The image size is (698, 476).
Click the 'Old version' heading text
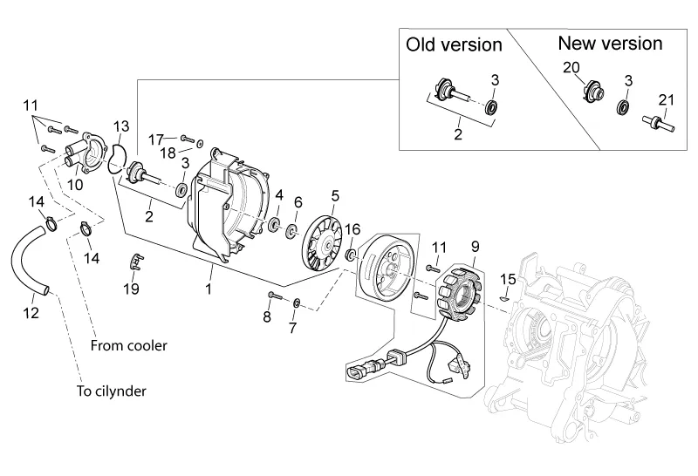(x=454, y=44)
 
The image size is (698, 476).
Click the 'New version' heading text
(x=610, y=43)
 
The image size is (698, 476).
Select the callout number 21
(x=667, y=101)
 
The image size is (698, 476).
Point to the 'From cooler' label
(x=128, y=345)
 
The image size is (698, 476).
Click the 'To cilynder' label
(x=111, y=391)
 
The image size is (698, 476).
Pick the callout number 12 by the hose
(x=31, y=312)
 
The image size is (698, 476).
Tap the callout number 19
(x=131, y=289)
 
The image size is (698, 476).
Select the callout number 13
(x=120, y=127)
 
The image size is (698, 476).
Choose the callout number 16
(x=352, y=229)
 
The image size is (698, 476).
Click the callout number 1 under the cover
(x=210, y=285)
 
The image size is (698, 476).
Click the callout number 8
(x=267, y=316)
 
